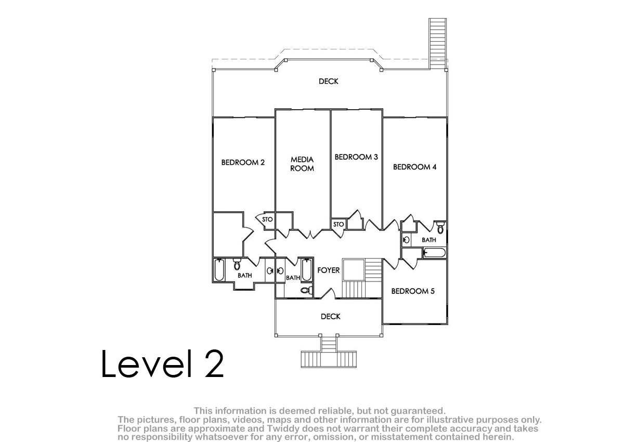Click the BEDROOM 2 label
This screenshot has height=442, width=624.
coord(243,162)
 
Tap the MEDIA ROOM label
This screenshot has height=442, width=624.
coord(302,164)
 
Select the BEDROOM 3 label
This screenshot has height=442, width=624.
coord(356,157)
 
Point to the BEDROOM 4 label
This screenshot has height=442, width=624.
coord(414,167)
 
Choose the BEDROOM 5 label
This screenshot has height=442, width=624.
coord(413,291)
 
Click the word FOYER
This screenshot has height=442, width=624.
coord(329,270)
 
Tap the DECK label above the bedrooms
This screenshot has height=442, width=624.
coord(329,81)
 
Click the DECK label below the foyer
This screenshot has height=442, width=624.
coord(330,316)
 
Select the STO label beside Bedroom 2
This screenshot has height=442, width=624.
coord(267,219)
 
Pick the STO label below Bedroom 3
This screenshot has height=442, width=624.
coord(339,224)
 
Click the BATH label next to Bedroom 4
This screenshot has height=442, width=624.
coord(428,240)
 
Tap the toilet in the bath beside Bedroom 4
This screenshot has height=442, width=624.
coord(440,228)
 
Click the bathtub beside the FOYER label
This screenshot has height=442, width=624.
coord(306,270)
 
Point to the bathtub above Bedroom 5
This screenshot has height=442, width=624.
coord(434,253)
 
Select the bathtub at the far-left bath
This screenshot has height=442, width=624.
coord(219,270)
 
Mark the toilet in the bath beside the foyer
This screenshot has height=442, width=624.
coord(306,290)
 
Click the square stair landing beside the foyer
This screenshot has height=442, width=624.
coord(354,269)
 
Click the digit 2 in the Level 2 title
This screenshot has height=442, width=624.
coord(214,363)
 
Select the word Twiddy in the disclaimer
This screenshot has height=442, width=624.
coord(281,428)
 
